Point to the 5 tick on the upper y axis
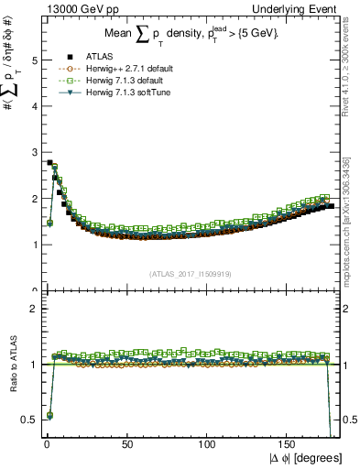pos(29,60)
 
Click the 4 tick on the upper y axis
pos(29,106)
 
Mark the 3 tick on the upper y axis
pos(29,153)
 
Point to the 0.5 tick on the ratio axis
pos(26,420)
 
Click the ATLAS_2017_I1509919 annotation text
pos(190,272)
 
